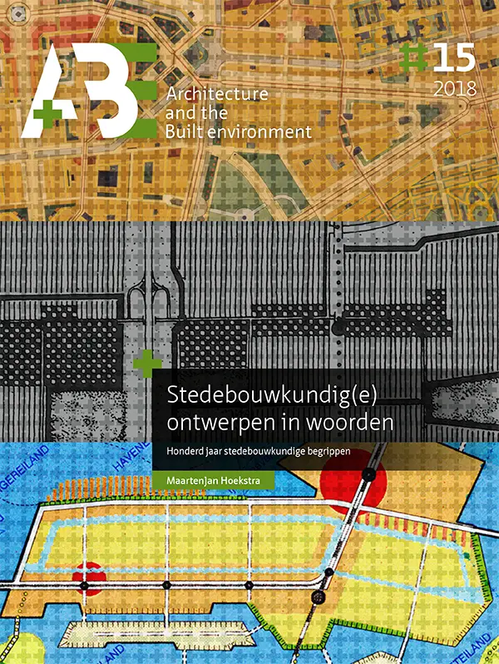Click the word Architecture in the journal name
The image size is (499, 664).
(217, 94)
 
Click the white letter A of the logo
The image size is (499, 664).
(50, 83)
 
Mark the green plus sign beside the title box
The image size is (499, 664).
(147, 363)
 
